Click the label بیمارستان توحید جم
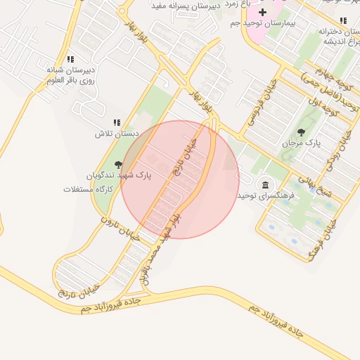tap(264, 23)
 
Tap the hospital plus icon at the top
tap(263, 12)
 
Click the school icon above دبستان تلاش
tap(117, 122)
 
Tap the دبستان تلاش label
tap(118, 133)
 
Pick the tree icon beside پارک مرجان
tap(302, 131)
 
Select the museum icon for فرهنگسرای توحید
tap(264, 184)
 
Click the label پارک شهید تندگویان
tap(119, 174)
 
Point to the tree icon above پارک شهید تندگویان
tap(118, 163)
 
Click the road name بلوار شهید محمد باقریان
tap(161, 250)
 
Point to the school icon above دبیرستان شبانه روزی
tap(69, 60)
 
